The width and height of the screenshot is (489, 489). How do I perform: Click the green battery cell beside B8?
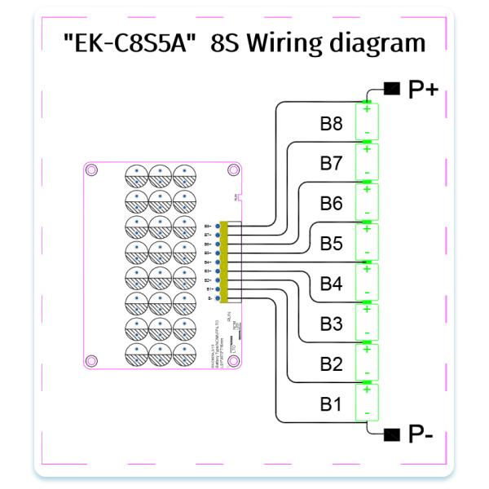367,121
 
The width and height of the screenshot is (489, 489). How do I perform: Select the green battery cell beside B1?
367,402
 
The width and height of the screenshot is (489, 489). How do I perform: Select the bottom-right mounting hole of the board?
234,359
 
